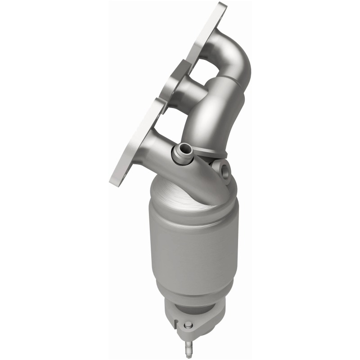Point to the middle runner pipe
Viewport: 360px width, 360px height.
point(184,92)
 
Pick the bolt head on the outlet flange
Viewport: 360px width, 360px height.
point(188,325)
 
